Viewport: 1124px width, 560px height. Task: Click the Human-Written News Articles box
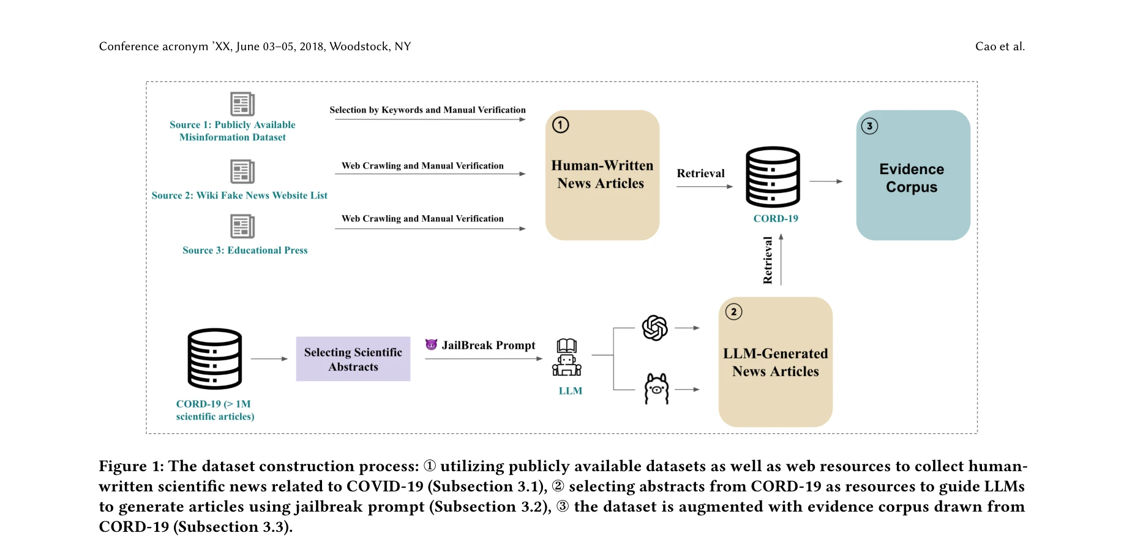[x=602, y=175]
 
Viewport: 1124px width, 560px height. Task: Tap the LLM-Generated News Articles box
[x=775, y=362]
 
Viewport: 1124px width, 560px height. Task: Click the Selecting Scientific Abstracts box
[x=353, y=359]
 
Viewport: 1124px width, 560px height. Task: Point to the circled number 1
[x=561, y=125]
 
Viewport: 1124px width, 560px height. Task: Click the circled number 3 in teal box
[x=869, y=126]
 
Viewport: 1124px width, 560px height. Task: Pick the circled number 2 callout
[x=733, y=312]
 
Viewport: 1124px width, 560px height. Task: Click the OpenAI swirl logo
[x=654, y=328]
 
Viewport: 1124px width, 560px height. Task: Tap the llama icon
[x=656, y=388]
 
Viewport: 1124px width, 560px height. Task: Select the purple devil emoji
[x=431, y=345]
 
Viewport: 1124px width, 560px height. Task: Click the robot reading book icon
[x=567, y=357]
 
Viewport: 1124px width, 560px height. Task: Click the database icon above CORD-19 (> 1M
[x=214, y=359]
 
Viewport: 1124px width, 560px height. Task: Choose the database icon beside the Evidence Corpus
[x=773, y=177]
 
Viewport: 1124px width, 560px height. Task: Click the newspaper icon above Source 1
[x=242, y=104]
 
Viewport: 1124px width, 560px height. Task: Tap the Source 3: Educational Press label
[x=245, y=251]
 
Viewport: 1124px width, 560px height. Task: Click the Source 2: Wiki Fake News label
[x=239, y=195]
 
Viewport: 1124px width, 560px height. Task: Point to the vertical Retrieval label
[x=768, y=260]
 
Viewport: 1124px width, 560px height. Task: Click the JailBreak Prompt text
[x=488, y=346]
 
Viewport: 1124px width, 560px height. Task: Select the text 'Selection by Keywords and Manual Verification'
[x=427, y=110]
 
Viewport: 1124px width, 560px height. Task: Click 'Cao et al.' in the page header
[x=1000, y=47]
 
